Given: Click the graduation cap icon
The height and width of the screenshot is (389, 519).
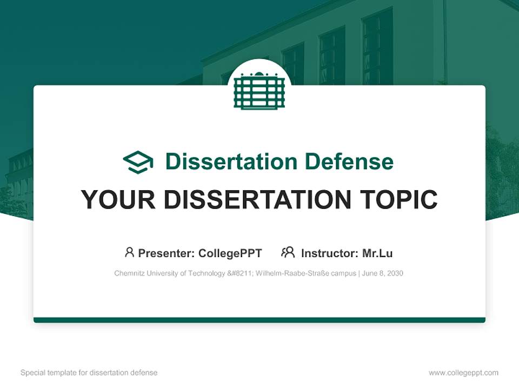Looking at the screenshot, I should [x=138, y=162].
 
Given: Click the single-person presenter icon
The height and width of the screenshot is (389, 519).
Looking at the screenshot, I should [x=129, y=252].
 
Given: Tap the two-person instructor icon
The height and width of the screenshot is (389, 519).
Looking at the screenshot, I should [x=288, y=252].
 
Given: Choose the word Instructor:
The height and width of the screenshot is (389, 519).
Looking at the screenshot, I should [x=329, y=253].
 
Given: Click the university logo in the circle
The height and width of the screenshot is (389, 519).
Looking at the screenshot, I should [x=259, y=90].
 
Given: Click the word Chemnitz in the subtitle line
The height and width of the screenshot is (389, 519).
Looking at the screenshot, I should [x=129, y=273].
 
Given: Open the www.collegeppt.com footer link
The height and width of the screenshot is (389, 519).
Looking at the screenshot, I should [x=463, y=373].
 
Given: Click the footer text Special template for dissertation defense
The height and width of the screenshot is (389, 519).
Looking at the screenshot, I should [x=89, y=373].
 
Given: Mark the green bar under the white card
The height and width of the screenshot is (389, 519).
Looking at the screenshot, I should [x=259, y=320].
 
